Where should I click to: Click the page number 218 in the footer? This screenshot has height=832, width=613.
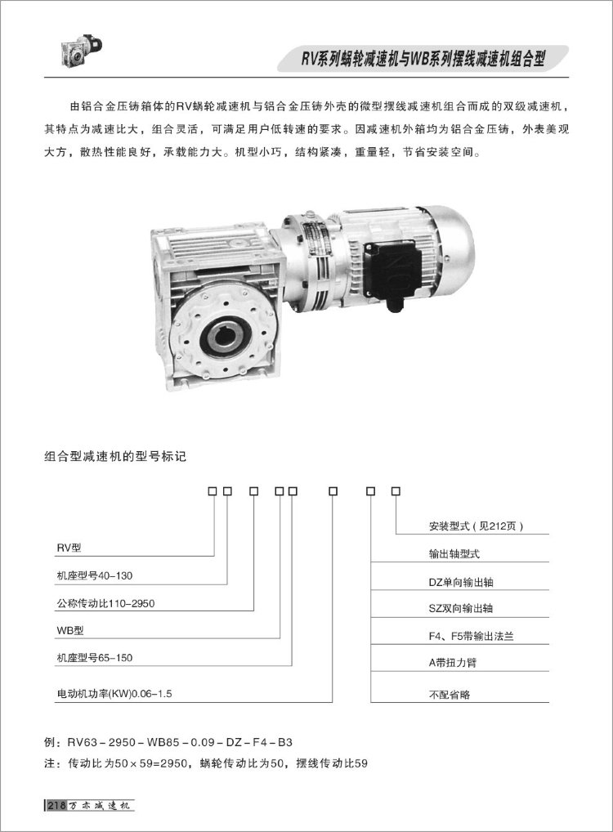56,806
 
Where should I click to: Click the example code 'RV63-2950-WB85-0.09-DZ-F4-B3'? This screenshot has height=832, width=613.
180,743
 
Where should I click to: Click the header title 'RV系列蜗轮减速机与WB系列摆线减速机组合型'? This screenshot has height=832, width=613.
423,59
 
